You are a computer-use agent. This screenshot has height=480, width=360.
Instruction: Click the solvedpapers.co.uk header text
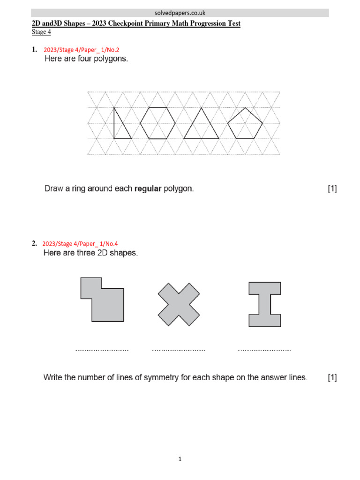click(x=180, y=13)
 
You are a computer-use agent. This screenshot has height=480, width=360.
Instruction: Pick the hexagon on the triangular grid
click(x=158, y=123)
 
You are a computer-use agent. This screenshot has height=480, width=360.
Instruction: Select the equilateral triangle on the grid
click(x=201, y=126)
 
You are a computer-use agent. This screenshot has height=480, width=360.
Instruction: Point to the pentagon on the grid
click(x=245, y=124)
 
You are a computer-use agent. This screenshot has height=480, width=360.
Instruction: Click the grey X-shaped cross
click(x=178, y=304)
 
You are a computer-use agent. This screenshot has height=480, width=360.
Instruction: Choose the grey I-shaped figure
click(x=265, y=304)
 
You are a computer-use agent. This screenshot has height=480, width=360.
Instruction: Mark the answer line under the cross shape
click(x=179, y=350)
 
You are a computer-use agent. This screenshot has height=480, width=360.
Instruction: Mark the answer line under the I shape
click(x=264, y=350)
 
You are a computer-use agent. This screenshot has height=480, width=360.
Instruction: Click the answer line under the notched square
click(x=102, y=350)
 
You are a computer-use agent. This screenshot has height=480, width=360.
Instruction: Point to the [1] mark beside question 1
click(x=332, y=189)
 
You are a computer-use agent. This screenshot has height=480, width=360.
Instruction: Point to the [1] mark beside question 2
click(x=332, y=377)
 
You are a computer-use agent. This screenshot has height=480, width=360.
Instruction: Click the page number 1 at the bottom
click(x=180, y=460)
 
